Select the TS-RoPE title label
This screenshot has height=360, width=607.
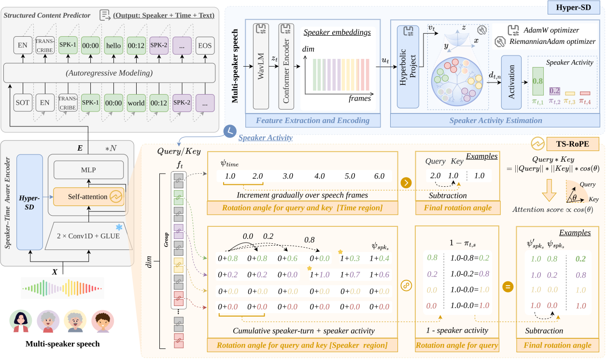572,144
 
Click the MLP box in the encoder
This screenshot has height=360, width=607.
88,169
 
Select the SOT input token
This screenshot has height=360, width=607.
22,103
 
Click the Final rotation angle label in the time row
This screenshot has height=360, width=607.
457,208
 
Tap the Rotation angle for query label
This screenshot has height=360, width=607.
457,345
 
